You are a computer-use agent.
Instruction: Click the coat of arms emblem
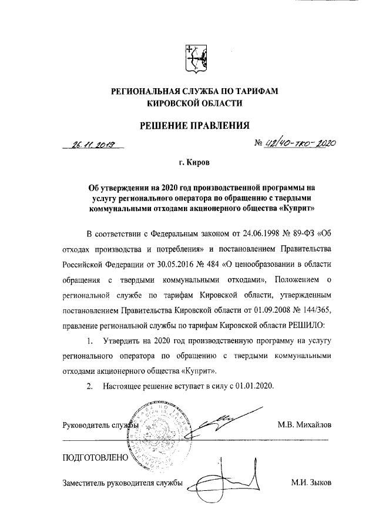click(x=194, y=59)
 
